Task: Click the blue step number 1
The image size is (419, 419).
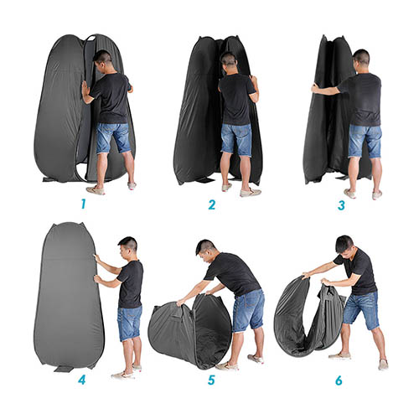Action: (83, 204)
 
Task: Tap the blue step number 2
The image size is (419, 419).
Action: (212, 204)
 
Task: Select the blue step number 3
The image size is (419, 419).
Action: (341, 205)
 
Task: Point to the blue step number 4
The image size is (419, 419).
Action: (82, 380)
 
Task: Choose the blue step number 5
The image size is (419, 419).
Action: (211, 380)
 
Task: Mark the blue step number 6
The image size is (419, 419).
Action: (339, 380)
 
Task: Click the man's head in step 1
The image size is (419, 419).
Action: (102, 60)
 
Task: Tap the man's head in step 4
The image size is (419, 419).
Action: (128, 248)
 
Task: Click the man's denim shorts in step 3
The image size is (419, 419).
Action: (365, 141)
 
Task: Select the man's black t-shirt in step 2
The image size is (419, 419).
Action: (236, 99)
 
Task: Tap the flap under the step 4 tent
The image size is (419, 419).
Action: (64, 369)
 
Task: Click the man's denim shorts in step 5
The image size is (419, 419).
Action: (249, 310)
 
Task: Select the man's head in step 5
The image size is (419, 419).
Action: (205, 251)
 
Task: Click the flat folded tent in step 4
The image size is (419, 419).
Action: (69, 295)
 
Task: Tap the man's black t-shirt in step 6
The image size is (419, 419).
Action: (358, 271)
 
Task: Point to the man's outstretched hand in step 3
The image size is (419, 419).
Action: (315, 88)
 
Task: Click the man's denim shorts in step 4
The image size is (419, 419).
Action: (130, 323)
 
